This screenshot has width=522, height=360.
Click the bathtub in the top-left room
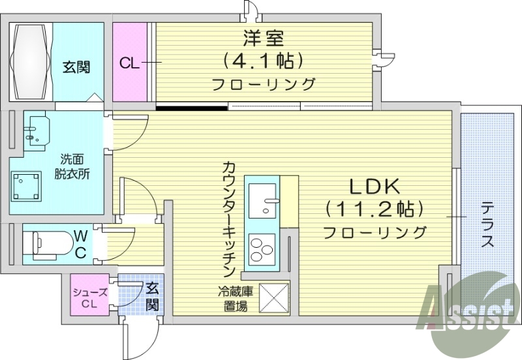tap(31, 60)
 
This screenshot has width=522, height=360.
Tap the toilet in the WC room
tap(41, 243)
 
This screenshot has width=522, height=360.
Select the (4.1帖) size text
tap(263, 61)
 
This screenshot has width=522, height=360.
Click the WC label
tap(80, 243)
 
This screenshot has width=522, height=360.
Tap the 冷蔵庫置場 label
tap(233, 299)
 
